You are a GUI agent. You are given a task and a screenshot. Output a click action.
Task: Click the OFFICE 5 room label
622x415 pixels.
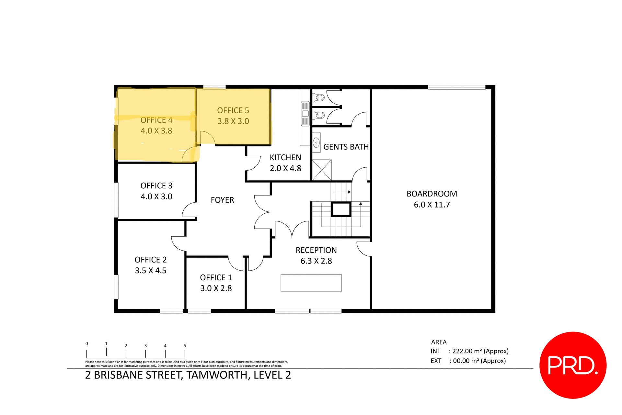[233, 111]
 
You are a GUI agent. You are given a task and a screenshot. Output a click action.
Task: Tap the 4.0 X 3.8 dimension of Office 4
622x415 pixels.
[156, 131]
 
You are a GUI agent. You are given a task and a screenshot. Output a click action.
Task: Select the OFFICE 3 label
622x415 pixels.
[156, 186]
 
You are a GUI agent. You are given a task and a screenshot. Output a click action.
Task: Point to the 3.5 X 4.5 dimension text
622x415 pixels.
[151, 271]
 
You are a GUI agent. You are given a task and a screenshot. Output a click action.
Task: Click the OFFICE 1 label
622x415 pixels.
[216, 278]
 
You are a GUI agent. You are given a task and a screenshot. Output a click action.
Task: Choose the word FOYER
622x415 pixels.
[222, 200]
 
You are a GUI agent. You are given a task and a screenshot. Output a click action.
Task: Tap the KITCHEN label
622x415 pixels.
[285, 158]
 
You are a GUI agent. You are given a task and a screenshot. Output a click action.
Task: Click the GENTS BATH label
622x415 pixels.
[346, 147]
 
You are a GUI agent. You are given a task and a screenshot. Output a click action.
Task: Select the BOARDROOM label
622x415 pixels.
[432, 194]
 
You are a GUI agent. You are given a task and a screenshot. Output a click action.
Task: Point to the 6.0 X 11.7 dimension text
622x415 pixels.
[432, 205]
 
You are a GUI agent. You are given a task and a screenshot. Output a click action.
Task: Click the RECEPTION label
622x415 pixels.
[316, 250]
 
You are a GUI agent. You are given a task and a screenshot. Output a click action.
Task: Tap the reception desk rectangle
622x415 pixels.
[311, 283]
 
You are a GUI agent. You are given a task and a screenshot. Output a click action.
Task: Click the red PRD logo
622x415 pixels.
[573, 365]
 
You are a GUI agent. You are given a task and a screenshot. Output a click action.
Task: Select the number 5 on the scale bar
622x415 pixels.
[185, 346]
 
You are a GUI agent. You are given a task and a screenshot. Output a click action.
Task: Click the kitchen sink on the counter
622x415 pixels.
[305, 114]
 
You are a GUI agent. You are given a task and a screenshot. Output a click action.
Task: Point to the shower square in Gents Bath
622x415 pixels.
[322, 170]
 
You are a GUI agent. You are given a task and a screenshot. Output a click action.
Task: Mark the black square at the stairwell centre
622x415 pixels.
[341, 209]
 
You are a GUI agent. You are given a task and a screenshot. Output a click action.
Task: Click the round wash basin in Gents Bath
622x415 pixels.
[317, 142]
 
